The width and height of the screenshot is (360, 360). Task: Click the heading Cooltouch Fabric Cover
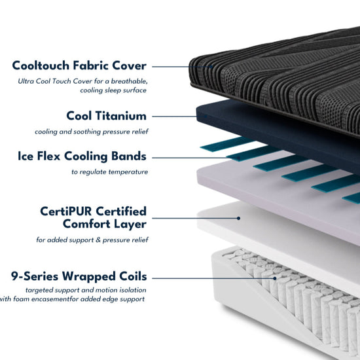pyautogui.click(x=79, y=65)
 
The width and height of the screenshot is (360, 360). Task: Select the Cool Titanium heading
pyautogui.click(x=106, y=116)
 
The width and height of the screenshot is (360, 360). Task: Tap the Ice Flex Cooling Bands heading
pyautogui.click(x=82, y=156)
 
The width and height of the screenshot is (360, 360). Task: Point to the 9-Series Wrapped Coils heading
pyautogui.click(x=79, y=276)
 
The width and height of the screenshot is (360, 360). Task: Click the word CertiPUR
pyautogui.click(x=66, y=211)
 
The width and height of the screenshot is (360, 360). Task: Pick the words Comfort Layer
pyautogui.click(x=105, y=224)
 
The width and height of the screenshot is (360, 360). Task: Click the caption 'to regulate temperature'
pyautogui.click(x=110, y=172)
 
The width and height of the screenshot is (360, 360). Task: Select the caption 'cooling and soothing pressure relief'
pyautogui.click(x=92, y=132)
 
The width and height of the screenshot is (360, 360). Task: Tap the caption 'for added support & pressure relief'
pyautogui.click(x=92, y=240)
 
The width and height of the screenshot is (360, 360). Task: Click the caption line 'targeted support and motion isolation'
pyautogui.click(x=86, y=290)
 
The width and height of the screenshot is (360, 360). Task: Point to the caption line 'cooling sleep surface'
pyautogui.click(x=113, y=90)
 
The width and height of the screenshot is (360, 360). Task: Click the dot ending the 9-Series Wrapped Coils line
pyautogui.click(x=275, y=278)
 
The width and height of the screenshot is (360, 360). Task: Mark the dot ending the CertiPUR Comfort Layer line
pyautogui.click(x=238, y=218)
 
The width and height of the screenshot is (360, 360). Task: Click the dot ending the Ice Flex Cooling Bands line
pyautogui.click(x=238, y=158)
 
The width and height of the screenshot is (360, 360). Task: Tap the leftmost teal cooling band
pyautogui.click(x=226, y=144)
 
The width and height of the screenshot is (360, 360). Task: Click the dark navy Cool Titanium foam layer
pyautogui.click(x=276, y=133)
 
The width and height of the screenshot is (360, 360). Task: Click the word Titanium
pyautogui.click(x=121, y=116)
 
